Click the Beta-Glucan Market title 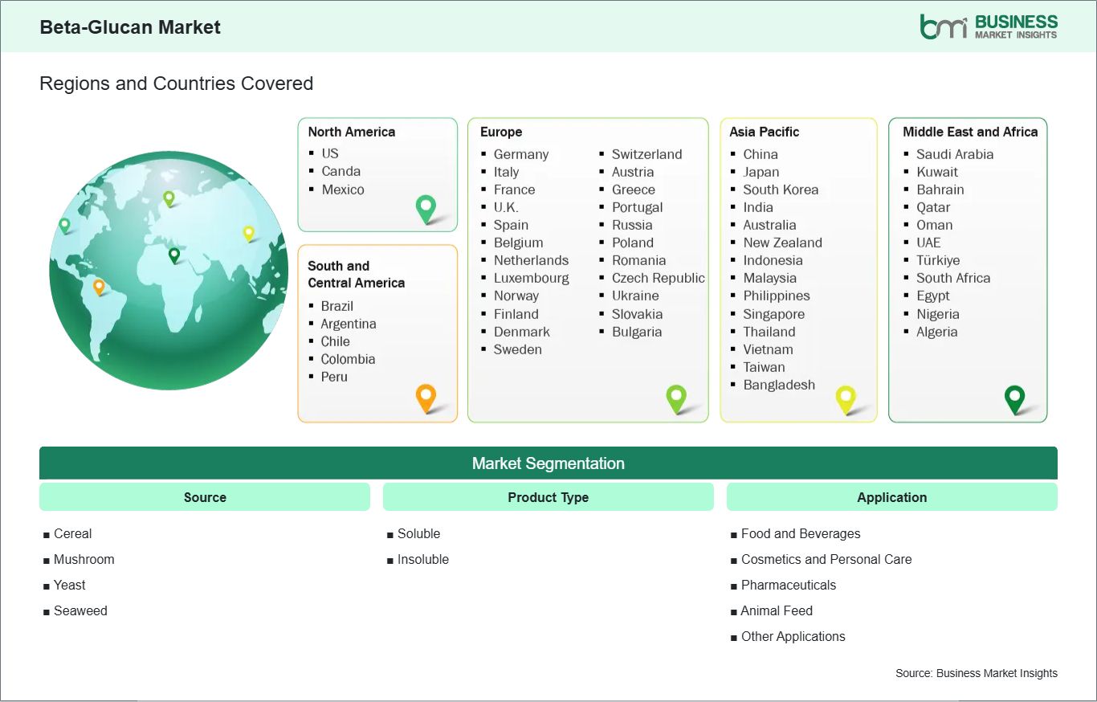[130, 27]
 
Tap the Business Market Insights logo [989, 27]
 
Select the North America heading [351, 132]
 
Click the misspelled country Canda [341, 171]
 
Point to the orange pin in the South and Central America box [426, 398]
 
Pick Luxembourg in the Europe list [531, 278]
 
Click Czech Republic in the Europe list [659, 278]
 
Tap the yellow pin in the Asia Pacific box [846, 399]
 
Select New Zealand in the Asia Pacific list [782, 243]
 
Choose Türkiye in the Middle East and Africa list [938, 260]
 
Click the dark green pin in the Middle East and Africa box [1014, 399]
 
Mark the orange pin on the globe [99, 287]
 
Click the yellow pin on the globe [249, 234]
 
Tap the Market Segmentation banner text [548, 463]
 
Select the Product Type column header [548, 497]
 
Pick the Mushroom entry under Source [84, 559]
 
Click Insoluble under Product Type [422, 559]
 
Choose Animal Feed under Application [777, 610]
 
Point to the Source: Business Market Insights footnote [976, 673]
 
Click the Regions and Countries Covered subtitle [177, 84]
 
